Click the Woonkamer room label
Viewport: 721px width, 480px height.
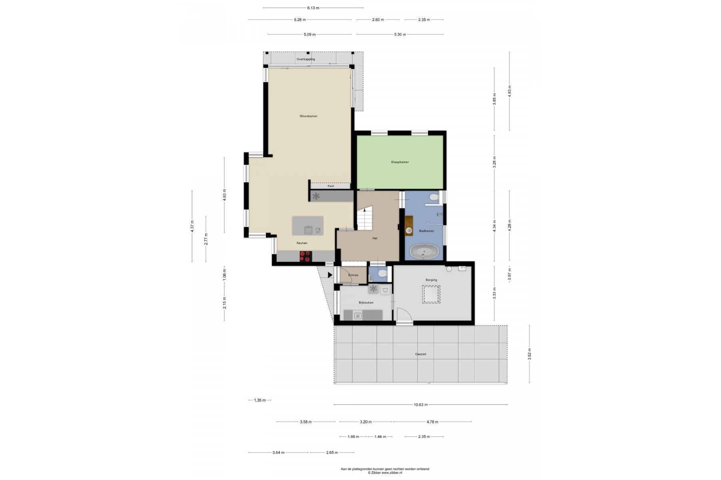pyautogui.click(x=308, y=116)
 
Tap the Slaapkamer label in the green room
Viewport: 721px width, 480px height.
pyautogui.click(x=400, y=162)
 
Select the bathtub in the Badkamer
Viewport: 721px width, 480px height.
pyautogui.click(x=424, y=252)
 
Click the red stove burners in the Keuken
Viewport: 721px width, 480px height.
pyautogui.click(x=306, y=256)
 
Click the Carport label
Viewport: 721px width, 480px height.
pyautogui.click(x=421, y=354)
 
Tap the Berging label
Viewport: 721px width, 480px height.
pyautogui.click(x=431, y=280)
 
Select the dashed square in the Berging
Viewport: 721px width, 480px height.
pyautogui.click(x=431, y=294)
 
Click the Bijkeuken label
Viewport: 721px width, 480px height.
pyautogui.click(x=366, y=302)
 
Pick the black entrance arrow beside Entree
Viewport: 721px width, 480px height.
pyautogui.click(x=330, y=275)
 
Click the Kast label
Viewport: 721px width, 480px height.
pyautogui.click(x=331, y=186)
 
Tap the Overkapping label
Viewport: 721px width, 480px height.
pyautogui.click(x=306, y=59)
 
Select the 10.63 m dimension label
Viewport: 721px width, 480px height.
pyautogui.click(x=421, y=404)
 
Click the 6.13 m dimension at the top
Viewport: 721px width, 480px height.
pyautogui.click(x=313, y=8)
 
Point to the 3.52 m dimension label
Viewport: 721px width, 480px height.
pyautogui.click(x=529, y=354)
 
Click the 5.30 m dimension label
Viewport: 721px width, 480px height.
pyautogui.click(x=400, y=34)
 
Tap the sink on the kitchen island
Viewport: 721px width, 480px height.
pyautogui.click(x=308, y=230)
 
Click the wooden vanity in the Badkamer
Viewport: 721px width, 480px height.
pyautogui.click(x=409, y=224)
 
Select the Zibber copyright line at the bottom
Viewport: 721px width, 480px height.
pyautogui.click(x=385, y=472)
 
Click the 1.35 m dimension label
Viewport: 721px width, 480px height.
pyautogui.click(x=260, y=400)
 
